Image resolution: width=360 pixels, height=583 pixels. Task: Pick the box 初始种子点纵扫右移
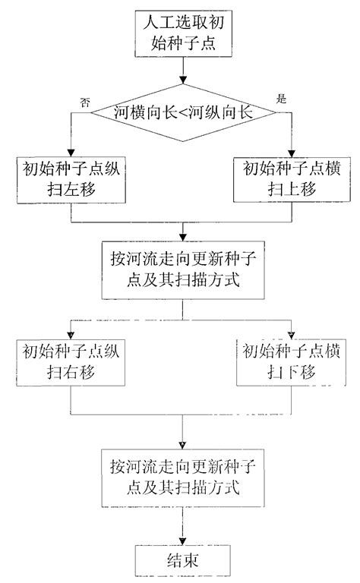click(x=71, y=362)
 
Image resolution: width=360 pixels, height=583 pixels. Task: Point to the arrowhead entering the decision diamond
click(x=183, y=81)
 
